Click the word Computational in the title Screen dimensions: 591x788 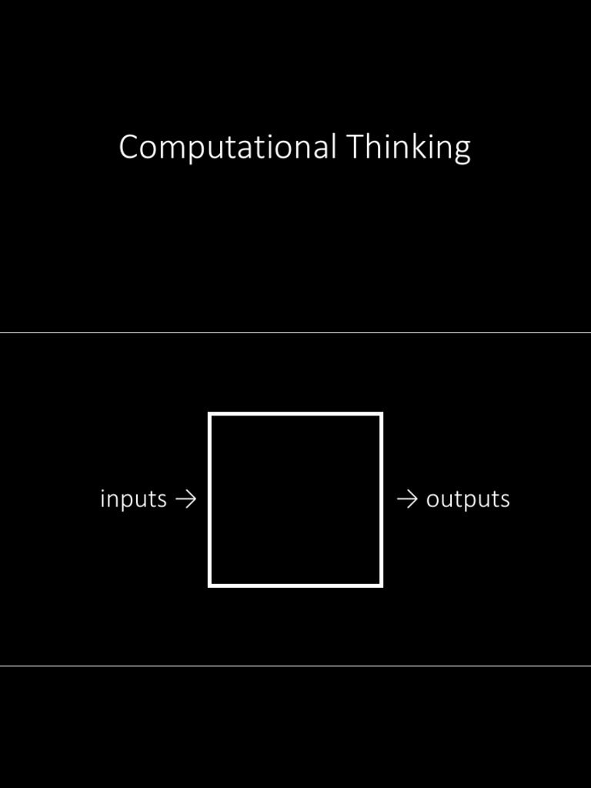point(227,148)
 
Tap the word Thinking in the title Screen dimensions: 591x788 point(408,148)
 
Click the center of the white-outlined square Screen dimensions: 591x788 point(295,500)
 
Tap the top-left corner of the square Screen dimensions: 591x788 point(209,414)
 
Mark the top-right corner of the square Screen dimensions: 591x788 point(382,414)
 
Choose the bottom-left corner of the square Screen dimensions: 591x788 point(209,586)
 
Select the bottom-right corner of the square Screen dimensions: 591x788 point(382,586)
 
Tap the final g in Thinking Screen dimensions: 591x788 point(462,151)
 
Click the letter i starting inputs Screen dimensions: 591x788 point(102,499)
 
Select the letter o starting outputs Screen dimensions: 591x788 point(432,501)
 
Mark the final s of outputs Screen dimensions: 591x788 point(505,501)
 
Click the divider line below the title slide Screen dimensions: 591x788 point(295,332)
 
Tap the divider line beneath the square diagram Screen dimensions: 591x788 point(295,666)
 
